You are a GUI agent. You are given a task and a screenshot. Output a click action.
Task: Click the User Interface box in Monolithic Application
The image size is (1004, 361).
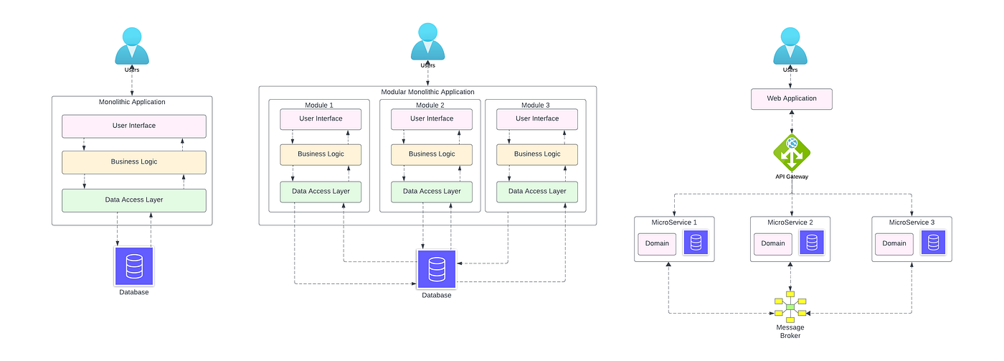tap(134, 126)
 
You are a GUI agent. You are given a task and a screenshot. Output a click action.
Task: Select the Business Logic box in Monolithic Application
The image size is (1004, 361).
tap(134, 162)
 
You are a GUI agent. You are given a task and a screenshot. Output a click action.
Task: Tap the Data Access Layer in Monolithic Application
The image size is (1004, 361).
tap(134, 200)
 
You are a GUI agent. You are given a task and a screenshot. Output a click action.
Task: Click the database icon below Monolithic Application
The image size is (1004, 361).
tap(133, 266)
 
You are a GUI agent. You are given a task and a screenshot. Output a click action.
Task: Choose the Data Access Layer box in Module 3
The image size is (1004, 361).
tap(537, 192)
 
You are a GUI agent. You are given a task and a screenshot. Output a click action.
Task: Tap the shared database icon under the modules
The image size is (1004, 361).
tap(436, 269)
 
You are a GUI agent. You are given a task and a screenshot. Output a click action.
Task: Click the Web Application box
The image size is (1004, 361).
tap(791, 99)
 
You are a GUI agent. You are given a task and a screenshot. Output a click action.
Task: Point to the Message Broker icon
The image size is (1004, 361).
tap(790, 306)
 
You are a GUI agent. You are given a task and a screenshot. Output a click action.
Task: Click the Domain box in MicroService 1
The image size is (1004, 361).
tap(657, 243)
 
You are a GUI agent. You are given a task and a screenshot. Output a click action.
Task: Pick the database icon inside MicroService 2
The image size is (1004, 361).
tap(811, 243)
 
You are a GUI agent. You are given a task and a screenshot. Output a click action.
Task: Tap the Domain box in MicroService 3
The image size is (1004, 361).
tap(894, 243)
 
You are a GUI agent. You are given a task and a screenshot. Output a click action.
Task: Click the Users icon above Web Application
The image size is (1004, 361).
tap(791, 46)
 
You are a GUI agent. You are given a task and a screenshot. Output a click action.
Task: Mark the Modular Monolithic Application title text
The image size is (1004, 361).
tap(427, 92)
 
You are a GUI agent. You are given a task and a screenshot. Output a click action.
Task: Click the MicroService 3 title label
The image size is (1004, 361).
tap(911, 222)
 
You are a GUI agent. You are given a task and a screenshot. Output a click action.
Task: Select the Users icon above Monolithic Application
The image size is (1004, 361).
tap(132, 47)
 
